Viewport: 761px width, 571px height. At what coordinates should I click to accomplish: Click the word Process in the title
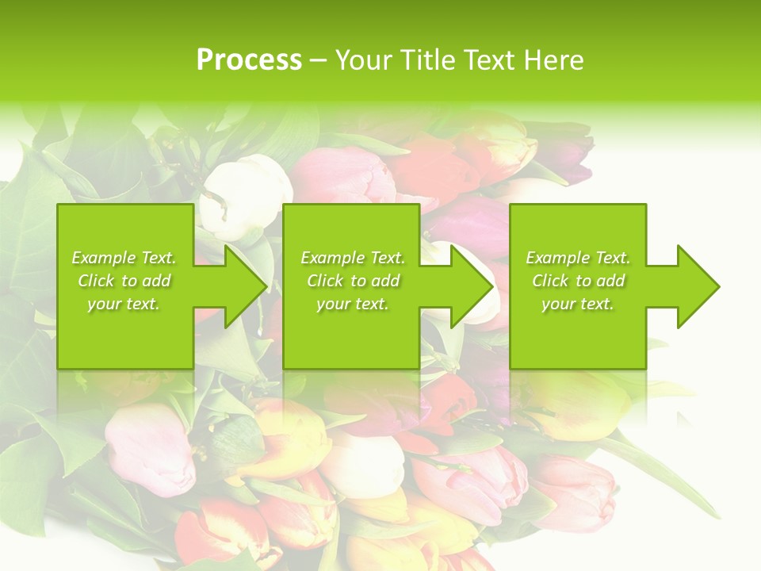(x=249, y=59)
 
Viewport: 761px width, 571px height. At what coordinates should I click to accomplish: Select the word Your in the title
(x=364, y=59)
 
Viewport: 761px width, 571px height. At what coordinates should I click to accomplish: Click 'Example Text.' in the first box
(x=124, y=258)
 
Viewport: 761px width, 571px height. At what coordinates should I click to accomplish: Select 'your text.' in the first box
(x=124, y=304)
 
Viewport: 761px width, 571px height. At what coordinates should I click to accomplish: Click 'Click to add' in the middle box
(x=353, y=281)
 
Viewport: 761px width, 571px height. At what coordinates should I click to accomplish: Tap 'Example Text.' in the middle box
(x=353, y=258)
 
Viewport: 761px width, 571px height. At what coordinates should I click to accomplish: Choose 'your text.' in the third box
(x=578, y=304)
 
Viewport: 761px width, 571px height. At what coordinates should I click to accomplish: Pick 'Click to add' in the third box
(x=578, y=281)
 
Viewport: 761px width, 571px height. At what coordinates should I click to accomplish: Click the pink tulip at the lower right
(x=576, y=492)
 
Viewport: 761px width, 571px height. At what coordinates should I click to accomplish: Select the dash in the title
(x=318, y=60)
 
